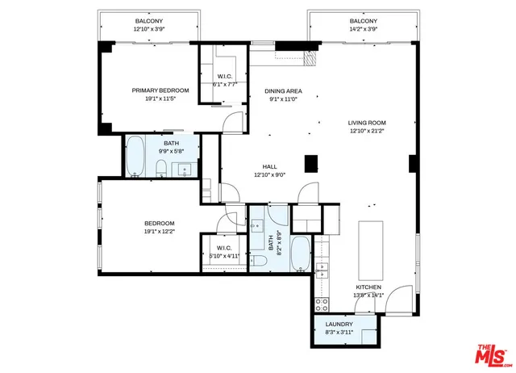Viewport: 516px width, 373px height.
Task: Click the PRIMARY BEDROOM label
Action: [160, 90]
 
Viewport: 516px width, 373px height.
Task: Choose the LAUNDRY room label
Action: [339, 325]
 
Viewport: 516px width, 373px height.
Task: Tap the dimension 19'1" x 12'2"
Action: [160, 231]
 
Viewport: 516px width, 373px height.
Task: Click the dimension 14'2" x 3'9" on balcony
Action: [362, 28]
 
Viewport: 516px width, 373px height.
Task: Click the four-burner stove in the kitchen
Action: [322, 304]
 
